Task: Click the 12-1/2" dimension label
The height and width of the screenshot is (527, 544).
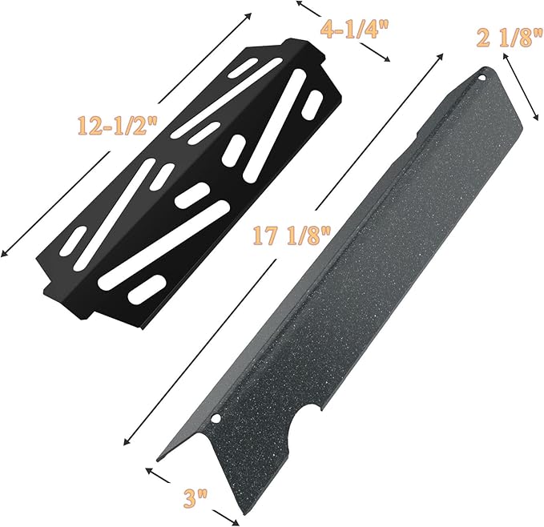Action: [x=117, y=125]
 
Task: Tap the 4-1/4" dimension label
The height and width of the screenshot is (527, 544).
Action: [x=352, y=28]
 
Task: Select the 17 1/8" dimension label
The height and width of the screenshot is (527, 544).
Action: [x=292, y=235]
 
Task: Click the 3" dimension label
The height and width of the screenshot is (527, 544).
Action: [x=195, y=498]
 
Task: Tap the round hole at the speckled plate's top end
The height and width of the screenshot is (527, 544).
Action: [x=482, y=78]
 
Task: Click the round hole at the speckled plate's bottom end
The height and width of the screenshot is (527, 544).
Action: [x=216, y=419]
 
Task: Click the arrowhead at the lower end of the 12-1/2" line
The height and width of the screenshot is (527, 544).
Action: [x=3, y=254]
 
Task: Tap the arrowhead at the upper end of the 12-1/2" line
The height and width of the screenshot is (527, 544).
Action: [x=248, y=16]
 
